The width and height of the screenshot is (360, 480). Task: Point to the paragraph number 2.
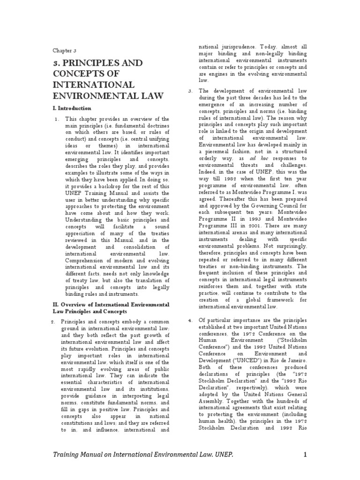pyautogui.click(x=53, y=321)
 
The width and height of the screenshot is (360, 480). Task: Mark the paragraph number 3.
pyautogui.click(x=191, y=91)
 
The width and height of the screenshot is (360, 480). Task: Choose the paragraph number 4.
pyautogui.click(x=191, y=320)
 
